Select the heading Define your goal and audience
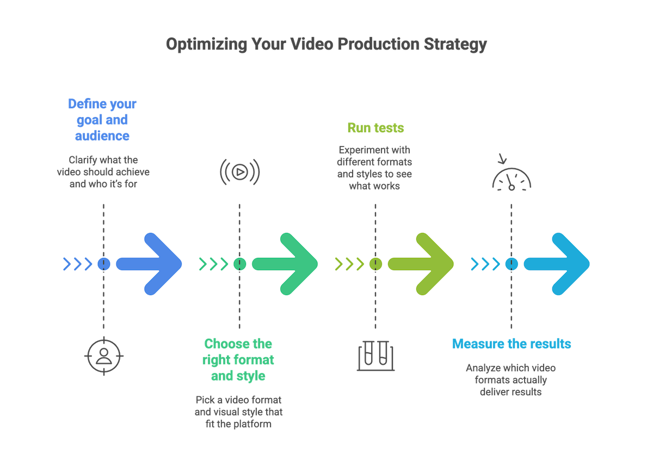pos(102,120)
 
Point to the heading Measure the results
pos(512,344)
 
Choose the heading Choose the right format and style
pos(238,360)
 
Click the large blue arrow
pos(150,264)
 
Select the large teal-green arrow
pos(286,264)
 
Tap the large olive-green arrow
pos(422,264)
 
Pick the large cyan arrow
pos(558,264)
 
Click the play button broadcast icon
pos(239,173)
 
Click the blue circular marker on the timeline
pos(103,264)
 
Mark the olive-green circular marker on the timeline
pos(375,264)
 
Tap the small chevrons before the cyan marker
pos(485,264)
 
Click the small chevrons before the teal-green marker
pos(213,264)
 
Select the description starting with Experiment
pos(374,168)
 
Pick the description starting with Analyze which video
pos(510,380)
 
